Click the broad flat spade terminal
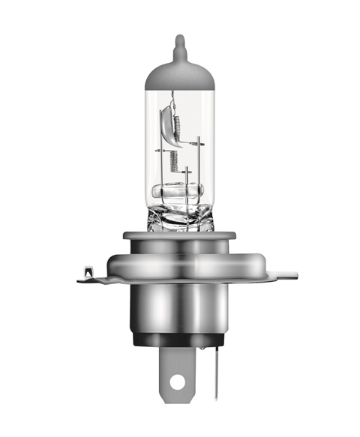[177, 367]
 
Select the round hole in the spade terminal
[177, 382]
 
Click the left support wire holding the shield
[160, 161]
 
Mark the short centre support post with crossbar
[185, 177]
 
